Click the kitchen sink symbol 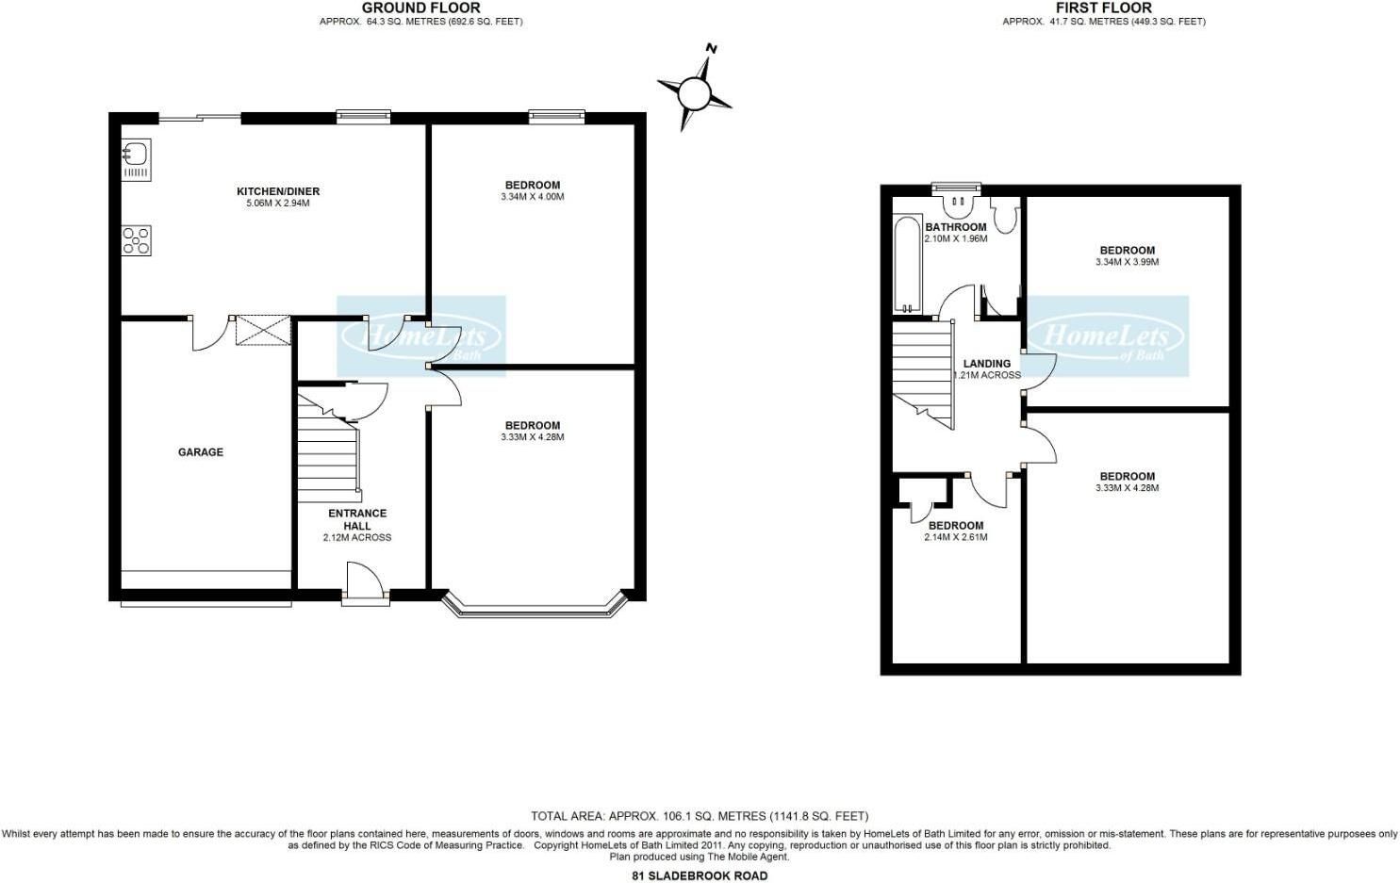[x=137, y=159]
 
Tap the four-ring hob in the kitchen [x=137, y=240]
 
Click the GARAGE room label [x=201, y=451]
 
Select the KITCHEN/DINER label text [x=278, y=191]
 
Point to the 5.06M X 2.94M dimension [x=278, y=204]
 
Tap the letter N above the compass [x=711, y=48]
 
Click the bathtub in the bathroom [x=909, y=265]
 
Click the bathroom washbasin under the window [x=956, y=205]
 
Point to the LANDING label [x=987, y=364]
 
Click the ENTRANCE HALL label [x=357, y=519]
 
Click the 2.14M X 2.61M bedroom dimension [x=956, y=537]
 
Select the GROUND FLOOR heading [x=421, y=8]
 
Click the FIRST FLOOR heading [x=1104, y=8]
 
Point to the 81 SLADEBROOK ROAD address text [x=700, y=876]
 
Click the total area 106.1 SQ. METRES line [x=700, y=816]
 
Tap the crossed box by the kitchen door [x=263, y=330]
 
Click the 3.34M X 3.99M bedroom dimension [x=1127, y=262]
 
